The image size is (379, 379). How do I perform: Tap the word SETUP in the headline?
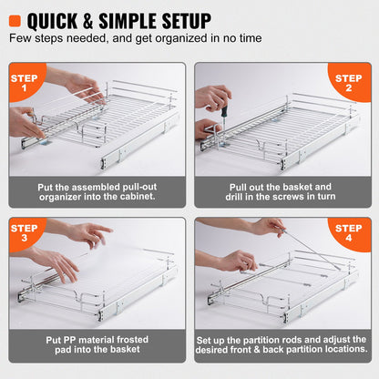coord(181,19)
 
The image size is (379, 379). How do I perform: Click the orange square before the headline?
coord(16,19)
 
